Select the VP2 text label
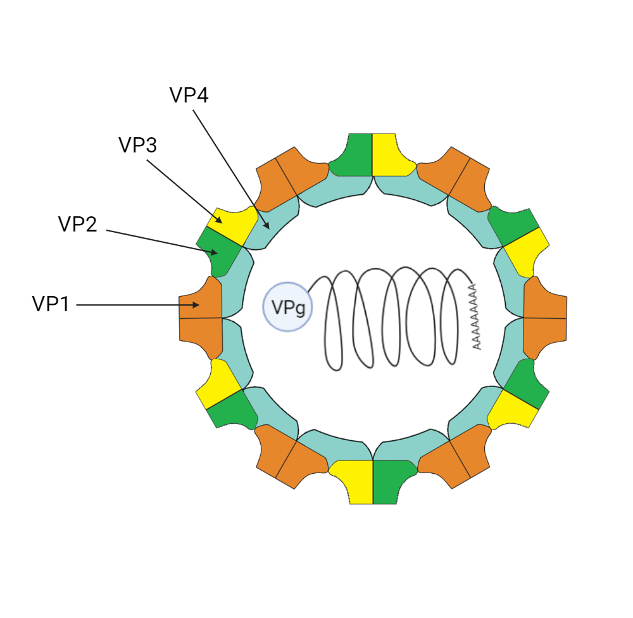pyautogui.click(x=77, y=224)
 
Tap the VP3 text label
pyautogui.click(x=137, y=145)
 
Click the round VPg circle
pyautogui.click(x=288, y=307)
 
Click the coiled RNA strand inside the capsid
pyautogui.click(x=392, y=316)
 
